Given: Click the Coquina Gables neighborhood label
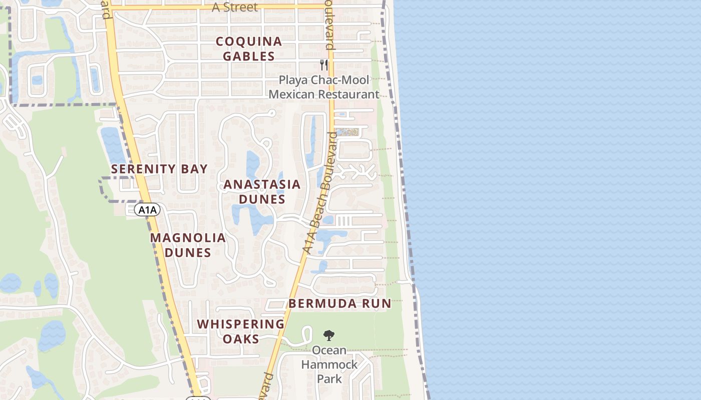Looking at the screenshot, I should tap(249, 48).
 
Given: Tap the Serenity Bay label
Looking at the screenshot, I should tap(159, 169).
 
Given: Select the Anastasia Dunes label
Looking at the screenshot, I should tap(262, 191).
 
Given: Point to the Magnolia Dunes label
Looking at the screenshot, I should tap(188, 245).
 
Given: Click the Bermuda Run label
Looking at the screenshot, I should tap(339, 303).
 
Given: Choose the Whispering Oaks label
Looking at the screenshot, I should tap(241, 331).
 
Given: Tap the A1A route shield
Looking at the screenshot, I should tap(147, 210).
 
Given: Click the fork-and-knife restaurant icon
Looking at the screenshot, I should tap(324, 65).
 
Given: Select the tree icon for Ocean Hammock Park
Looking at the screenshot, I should tap(329, 335).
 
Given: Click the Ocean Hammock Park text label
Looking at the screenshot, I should tap(329, 364).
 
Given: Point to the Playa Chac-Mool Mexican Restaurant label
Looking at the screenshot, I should tap(324, 87).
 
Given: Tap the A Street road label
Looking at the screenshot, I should tap(235, 7).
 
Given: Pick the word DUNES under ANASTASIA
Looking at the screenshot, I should tap(262, 199).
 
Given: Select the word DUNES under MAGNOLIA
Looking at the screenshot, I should tap(188, 252).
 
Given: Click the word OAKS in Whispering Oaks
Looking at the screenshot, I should tap(241, 339).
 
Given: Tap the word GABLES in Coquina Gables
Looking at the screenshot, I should tap(249, 56).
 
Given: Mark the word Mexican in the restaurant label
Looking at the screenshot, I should tap(292, 94).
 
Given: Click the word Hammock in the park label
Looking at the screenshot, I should tap(329, 364).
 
